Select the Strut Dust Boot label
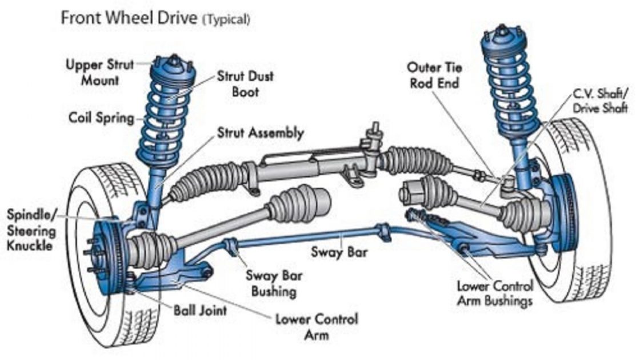[245, 83]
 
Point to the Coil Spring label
[101, 118]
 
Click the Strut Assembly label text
[260, 133]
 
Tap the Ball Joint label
[200, 310]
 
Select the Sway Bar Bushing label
[274, 283]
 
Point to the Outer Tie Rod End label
[434, 75]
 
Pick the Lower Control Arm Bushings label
[495, 293]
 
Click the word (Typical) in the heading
[226, 19]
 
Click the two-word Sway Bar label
[339, 251]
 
